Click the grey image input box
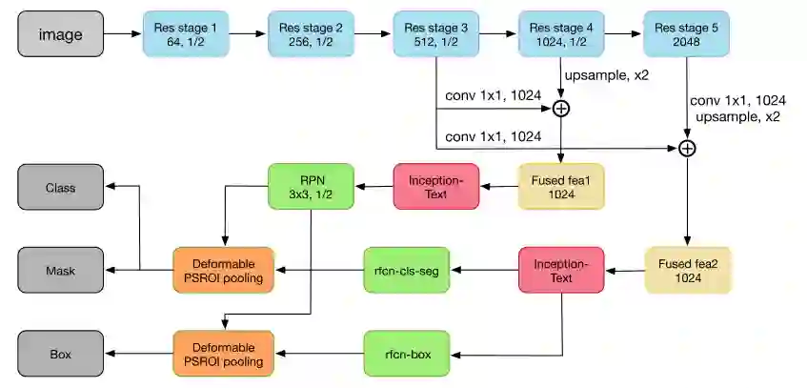pos(60,34)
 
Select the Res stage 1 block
pos(186,34)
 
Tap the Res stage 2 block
pos(311,34)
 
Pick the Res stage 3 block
pos(435,34)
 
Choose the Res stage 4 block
pos(561,34)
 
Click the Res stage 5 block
pos(686,34)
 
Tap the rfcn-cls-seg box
pos(406,270)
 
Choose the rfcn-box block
pos(406,354)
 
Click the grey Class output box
pos(61,188)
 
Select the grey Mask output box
pos(61,271)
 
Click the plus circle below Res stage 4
pos(561,109)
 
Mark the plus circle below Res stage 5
pos(686,148)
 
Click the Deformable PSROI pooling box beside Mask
pos(223,270)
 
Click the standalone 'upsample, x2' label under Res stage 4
pos(608,74)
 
